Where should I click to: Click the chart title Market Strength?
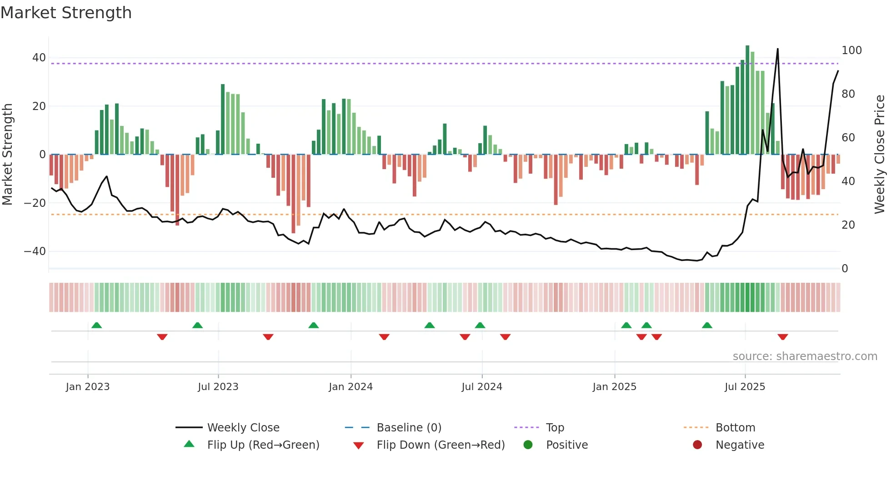[x=66, y=13]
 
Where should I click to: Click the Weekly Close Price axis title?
[x=880, y=155]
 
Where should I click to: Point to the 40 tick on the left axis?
[x=39, y=58]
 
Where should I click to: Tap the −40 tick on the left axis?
[x=35, y=251]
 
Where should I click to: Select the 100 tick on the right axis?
[x=851, y=50]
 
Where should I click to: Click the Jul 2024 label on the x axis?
[x=482, y=387]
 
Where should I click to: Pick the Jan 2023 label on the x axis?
[x=88, y=387]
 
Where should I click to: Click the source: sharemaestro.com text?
[x=805, y=356]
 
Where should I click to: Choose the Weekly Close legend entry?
[x=243, y=428]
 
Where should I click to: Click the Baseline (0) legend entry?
[x=409, y=428]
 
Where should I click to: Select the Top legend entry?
[x=555, y=428]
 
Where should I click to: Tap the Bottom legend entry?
[x=735, y=428]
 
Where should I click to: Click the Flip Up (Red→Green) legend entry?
[x=263, y=445]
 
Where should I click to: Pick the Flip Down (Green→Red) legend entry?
[x=440, y=445]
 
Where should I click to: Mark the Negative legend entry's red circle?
[x=697, y=445]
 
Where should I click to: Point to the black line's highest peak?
[x=778, y=49]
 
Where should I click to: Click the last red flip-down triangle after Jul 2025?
[x=783, y=337]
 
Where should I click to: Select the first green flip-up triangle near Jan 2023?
[x=96, y=325]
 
